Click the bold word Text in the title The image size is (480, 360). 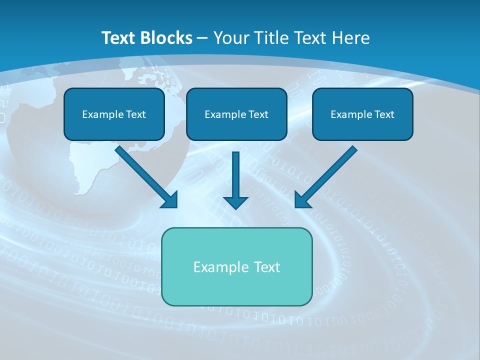coord(118,38)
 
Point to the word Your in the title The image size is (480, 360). coord(232,38)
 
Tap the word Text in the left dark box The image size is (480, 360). coord(136,114)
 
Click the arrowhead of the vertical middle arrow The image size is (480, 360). coord(235,202)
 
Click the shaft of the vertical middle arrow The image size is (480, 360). coord(235,172)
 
